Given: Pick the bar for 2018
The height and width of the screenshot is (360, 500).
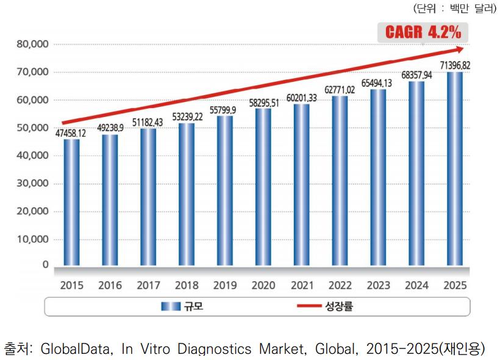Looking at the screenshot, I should [187, 195].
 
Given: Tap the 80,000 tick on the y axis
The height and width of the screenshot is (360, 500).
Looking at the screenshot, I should [32, 45].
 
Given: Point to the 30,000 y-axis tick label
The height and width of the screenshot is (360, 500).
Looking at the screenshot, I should [32, 184].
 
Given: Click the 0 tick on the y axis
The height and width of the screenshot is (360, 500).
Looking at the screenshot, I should [45, 265].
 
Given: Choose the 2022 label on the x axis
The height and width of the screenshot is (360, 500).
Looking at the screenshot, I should [340, 285].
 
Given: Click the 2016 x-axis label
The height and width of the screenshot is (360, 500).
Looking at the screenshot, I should [110, 285].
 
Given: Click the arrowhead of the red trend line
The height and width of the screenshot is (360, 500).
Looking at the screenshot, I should [460, 49].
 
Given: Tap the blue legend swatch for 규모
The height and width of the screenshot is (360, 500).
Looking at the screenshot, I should [171, 306].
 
